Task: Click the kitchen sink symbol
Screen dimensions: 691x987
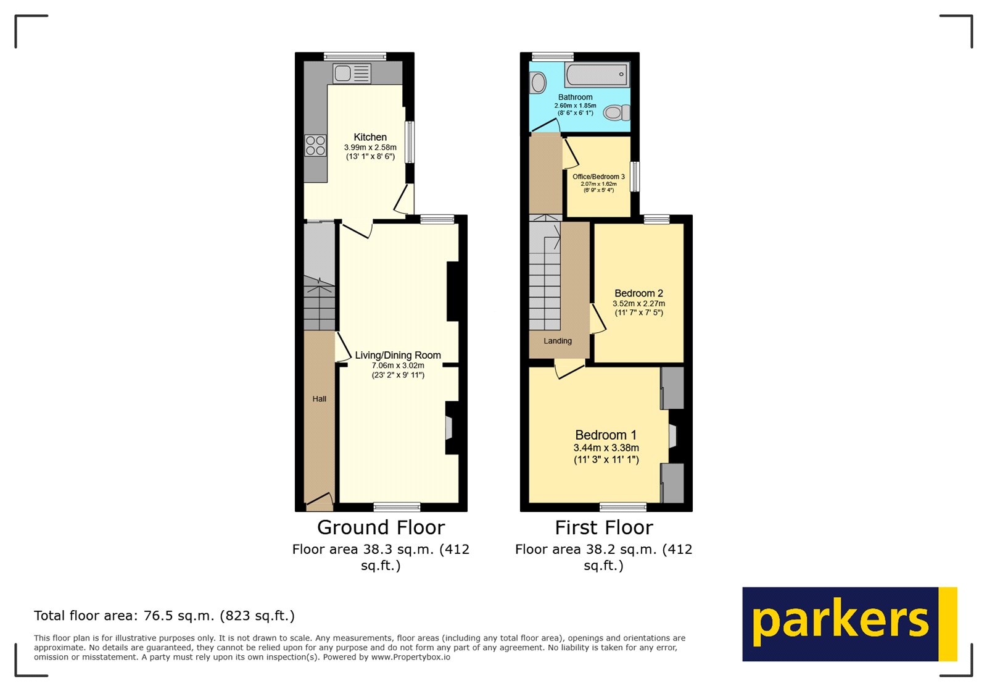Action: [x=352, y=73]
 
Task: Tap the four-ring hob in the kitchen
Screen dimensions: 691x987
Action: [x=315, y=146]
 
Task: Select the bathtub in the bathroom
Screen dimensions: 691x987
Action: [x=597, y=75]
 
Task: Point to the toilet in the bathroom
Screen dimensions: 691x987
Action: [x=616, y=112]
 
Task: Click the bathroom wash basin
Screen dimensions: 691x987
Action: [x=537, y=83]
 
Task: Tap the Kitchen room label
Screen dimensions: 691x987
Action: [x=370, y=137]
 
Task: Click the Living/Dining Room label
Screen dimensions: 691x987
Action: [x=398, y=355]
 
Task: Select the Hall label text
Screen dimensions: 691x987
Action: [x=319, y=399]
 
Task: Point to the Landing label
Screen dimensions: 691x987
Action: [x=558, y=341]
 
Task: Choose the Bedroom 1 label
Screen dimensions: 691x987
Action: [x=606, y=435]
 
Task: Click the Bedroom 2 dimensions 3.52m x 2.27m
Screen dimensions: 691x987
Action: [x=638, y=303]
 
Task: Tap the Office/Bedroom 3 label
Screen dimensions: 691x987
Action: [x=598, y=177]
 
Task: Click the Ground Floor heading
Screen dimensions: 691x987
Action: [x=381, y=527]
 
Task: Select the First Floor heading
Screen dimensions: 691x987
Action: [x=603, y=527]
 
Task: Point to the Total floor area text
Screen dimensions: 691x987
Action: [x=164, y=616]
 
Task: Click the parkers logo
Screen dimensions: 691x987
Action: [x=849, y=624]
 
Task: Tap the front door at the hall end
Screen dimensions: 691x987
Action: [x=319, y=501]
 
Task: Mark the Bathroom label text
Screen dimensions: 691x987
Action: [x=575, y=97]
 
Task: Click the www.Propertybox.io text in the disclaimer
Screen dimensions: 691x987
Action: [x=410, y=657]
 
